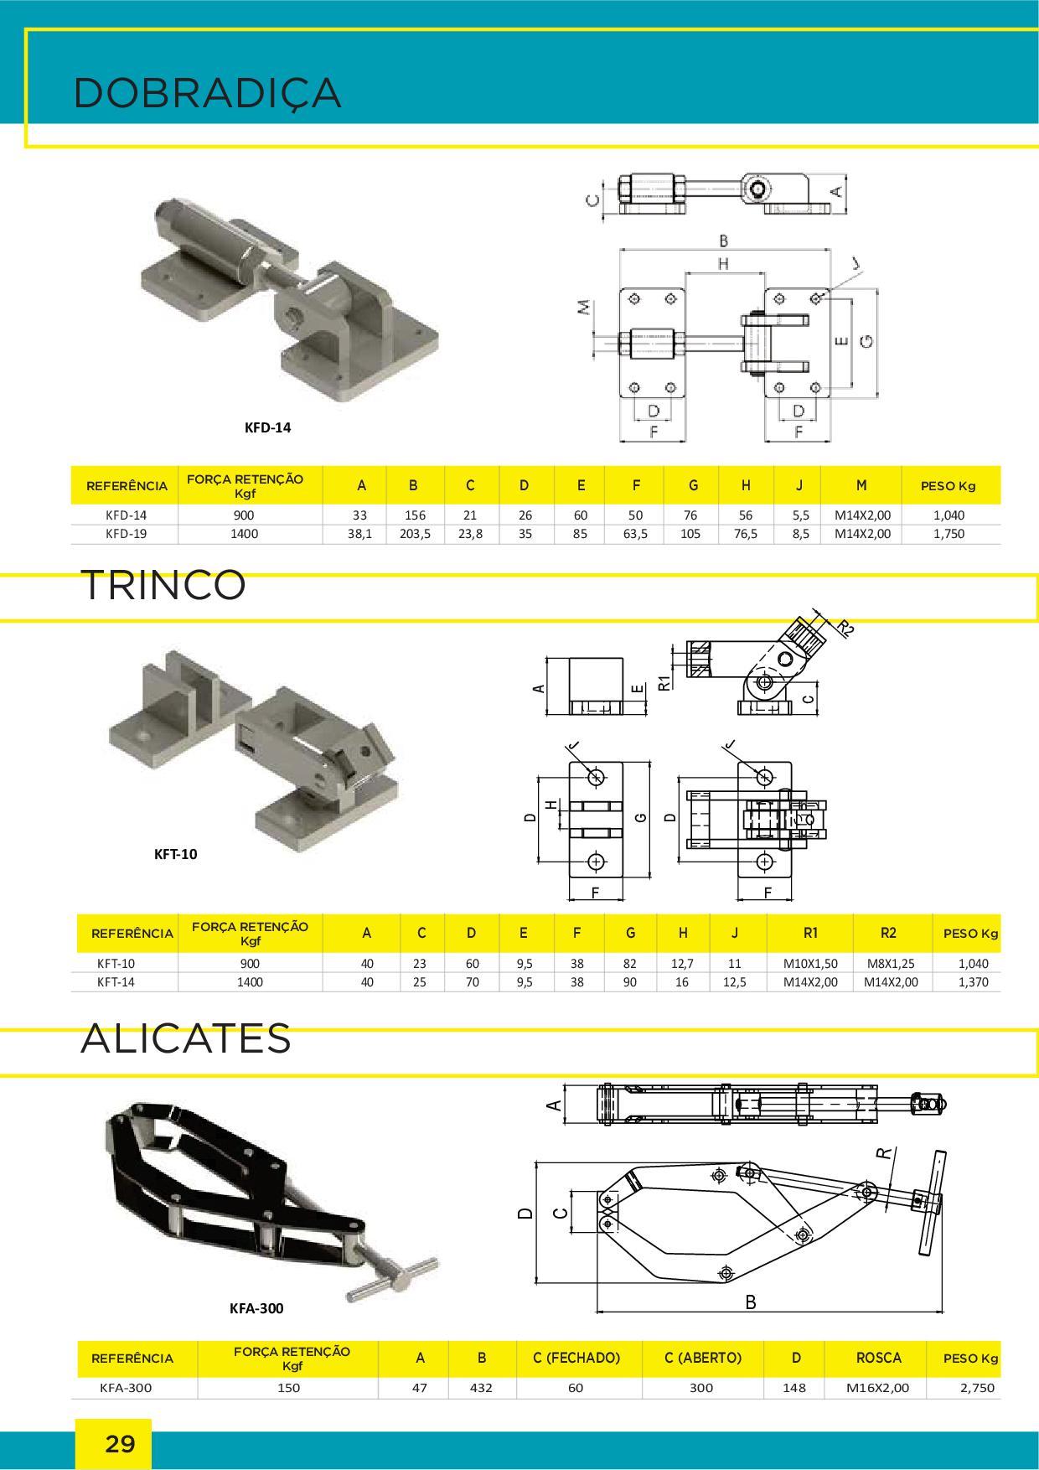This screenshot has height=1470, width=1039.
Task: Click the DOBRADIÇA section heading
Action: pos(207,93)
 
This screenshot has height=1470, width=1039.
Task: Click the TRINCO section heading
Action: pos(163,585)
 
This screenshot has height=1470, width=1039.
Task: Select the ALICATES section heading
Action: pos(186,1038)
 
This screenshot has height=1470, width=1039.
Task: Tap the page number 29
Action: pos(120,1444)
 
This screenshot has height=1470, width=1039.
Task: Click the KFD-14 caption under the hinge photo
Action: pos(268,427)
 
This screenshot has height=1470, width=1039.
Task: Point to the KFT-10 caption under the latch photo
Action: pos(176,855)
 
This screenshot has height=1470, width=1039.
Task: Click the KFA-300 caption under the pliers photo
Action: pos(256,1308)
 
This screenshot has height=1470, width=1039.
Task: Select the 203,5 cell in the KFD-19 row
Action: pos(415,533)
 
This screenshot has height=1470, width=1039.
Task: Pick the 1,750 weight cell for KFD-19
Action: pos(949,533)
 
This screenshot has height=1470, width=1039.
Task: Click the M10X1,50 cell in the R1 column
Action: pos(810,964)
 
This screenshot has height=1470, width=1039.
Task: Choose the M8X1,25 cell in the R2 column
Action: pos(891,964)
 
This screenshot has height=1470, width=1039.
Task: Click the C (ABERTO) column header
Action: pos(703,1358)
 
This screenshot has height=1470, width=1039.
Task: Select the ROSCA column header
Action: pos(879,1358)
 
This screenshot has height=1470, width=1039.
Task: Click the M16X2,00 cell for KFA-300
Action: pos(877,1388)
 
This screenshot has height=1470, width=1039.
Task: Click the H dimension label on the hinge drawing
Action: pos(723,263)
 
